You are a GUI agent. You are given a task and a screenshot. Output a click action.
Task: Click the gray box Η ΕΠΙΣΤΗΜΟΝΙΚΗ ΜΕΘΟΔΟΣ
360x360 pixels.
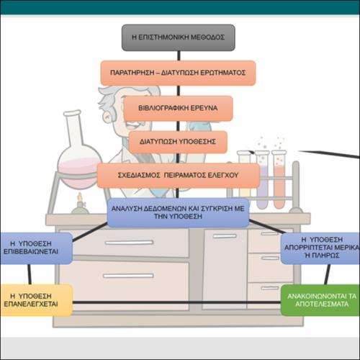[179, 37]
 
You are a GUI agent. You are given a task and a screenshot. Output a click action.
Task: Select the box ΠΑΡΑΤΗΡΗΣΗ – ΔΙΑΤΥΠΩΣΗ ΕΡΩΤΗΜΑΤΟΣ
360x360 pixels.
[178, 73]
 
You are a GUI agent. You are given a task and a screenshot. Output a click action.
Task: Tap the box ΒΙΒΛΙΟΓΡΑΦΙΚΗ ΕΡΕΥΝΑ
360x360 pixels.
[178, 108]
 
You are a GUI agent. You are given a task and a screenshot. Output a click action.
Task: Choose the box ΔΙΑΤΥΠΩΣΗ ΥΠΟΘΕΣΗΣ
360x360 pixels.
[178, 142]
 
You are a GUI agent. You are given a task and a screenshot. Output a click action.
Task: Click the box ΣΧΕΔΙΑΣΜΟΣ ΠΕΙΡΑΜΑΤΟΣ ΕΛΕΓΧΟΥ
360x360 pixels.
[179, 175]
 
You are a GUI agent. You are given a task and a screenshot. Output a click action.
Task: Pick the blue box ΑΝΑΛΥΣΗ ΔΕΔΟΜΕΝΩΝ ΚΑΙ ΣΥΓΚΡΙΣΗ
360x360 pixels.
[178, 212]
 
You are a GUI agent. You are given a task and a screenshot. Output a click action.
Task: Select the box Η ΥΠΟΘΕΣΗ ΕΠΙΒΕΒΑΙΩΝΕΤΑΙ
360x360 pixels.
[36, 248]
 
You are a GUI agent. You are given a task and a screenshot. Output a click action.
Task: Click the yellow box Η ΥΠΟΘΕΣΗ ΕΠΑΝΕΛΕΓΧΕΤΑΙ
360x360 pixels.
[36, 300]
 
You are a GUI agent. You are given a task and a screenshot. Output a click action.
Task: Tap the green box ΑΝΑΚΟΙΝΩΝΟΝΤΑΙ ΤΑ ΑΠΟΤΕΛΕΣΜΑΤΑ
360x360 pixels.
[320, 300]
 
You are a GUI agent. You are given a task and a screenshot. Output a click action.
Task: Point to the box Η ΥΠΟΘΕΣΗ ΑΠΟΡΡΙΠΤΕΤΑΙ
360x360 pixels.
[320, 248]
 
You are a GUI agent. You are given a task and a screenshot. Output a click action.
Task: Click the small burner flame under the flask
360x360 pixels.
[80, 197]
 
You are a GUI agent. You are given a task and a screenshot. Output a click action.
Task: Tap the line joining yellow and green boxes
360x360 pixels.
[177, 302]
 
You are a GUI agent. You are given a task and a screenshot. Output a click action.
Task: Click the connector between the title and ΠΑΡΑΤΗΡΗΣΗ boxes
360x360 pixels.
[179, 55]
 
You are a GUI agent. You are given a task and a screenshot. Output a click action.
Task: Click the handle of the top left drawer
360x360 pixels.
[129, 243]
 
